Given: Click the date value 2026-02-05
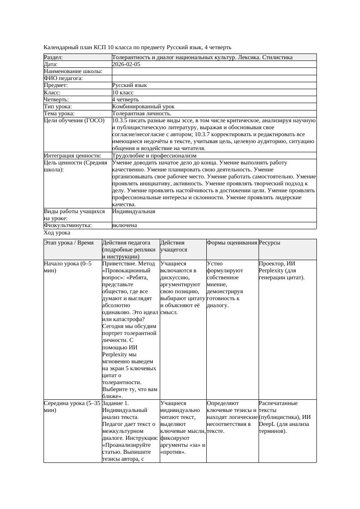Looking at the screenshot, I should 126,64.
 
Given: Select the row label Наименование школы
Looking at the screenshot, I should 73,71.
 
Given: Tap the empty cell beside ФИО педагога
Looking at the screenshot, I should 214,78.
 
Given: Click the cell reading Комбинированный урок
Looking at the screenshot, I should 143,107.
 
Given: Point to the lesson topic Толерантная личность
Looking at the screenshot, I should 141,114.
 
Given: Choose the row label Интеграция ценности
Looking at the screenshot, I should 72,155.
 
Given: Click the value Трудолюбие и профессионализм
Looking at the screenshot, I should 154,155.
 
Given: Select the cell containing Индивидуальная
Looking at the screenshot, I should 134,212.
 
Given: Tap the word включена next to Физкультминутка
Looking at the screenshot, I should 124,225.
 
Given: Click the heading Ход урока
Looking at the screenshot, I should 57,233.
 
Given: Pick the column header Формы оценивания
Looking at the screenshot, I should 232,243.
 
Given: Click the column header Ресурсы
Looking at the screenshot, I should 269,243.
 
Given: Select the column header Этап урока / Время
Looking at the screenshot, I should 69,243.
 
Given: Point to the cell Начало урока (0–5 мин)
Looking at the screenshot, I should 68,267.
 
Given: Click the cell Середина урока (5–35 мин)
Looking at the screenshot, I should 72,407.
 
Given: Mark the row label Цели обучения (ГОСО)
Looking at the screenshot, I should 74,121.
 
